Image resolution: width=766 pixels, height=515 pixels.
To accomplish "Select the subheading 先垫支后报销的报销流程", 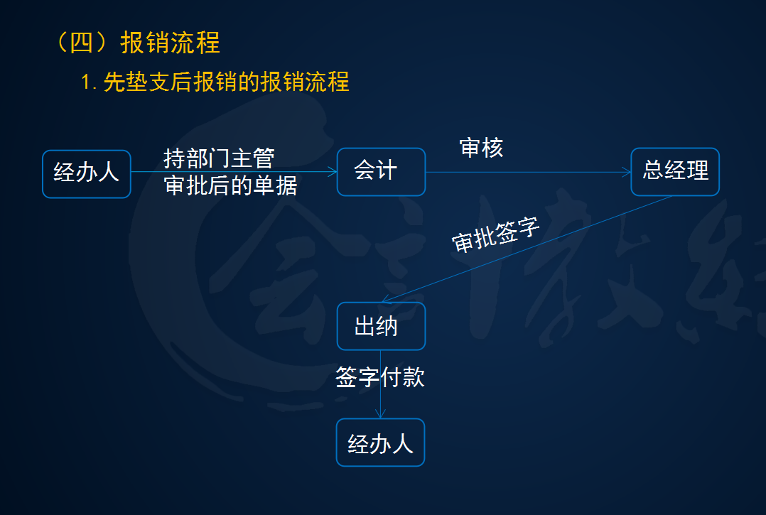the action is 226,82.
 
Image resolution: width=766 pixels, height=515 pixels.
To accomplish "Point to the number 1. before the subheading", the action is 89,83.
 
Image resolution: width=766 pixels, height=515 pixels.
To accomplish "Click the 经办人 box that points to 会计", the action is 87,173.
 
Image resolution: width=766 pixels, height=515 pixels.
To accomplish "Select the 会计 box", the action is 381,171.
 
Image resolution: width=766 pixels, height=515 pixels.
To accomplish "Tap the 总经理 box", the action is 675,171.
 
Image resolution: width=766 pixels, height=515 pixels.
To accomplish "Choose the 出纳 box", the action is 381,326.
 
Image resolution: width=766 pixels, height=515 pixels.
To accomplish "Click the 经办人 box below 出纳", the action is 380,443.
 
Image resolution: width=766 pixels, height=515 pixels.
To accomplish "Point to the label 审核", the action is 481,148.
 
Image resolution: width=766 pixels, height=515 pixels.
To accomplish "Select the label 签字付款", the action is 380,377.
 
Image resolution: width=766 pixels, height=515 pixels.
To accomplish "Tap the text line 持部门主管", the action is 218,158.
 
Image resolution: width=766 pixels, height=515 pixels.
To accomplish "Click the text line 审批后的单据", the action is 230,185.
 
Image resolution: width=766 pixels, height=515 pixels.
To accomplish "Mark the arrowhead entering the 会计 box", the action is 333,171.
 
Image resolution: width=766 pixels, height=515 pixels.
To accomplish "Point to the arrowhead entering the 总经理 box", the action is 627,171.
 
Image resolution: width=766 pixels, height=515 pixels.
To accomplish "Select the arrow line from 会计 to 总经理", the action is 526,171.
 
